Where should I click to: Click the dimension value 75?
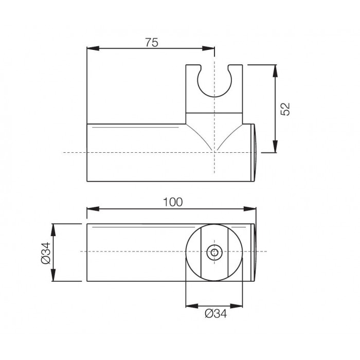click(x=152, y=43)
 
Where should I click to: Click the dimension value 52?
click(x=285, y=109)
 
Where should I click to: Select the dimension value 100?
click(x=173, y=202)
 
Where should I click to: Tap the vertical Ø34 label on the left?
click(x=46, y=253)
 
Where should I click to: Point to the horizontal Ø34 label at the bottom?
click(x=216, y=313)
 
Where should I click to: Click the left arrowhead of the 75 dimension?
click(x=93, y=48)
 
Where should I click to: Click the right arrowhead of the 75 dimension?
click(x=208, y=48)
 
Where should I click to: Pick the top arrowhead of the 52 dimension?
click(x=275, y=71)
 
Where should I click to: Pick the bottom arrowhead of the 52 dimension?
click(x=275, y=146)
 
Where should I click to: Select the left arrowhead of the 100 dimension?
click(x=93, y=209)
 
